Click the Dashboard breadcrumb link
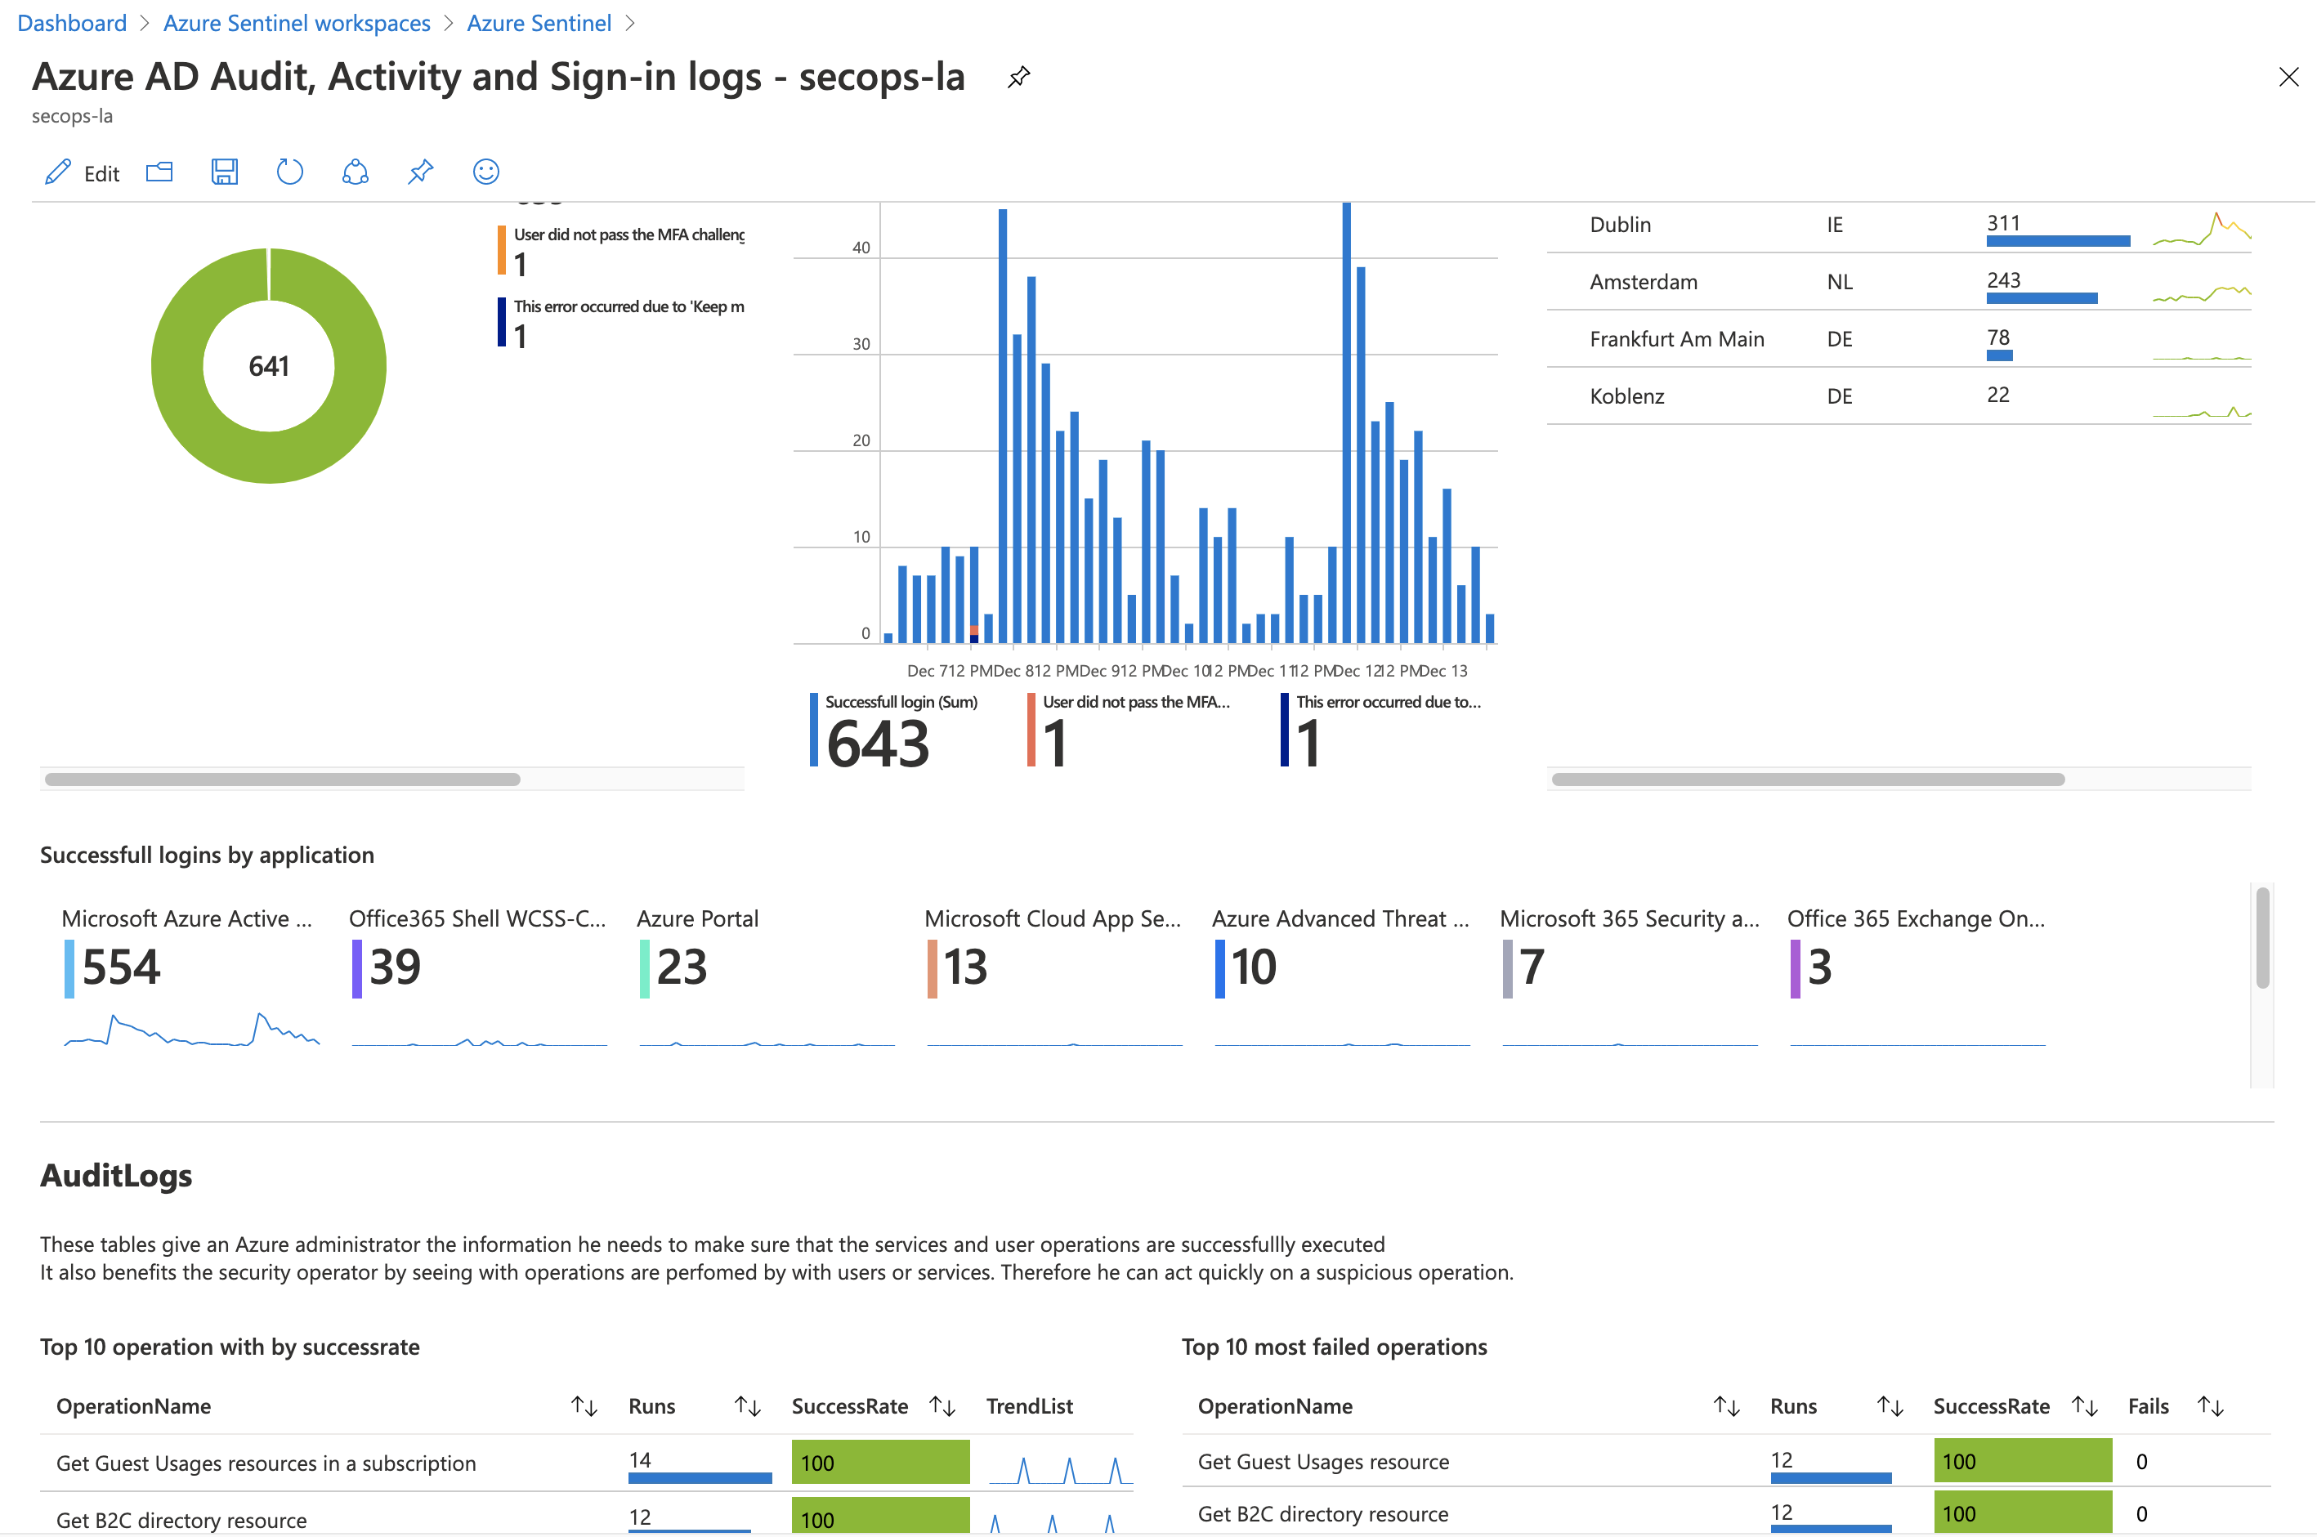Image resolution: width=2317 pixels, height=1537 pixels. click(x=72, y=23)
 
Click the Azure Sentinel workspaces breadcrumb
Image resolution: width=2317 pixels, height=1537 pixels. click(x=296, y=23)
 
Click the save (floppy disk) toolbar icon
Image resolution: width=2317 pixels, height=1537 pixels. click(x=225, y=172)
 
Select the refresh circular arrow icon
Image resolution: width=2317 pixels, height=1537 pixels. click(x=289, y=172)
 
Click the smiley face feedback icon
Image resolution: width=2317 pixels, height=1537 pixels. click(x=486, y=172)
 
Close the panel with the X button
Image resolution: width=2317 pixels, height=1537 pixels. click(x=2288, y=77)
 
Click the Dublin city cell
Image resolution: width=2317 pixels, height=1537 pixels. click(x=1619, y=225)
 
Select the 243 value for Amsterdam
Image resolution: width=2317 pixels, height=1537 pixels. click(x=2002, y=280)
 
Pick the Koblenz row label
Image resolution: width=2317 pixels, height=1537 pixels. click(x=1626, y=396)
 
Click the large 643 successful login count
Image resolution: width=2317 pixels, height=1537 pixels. click(x=877, y=744)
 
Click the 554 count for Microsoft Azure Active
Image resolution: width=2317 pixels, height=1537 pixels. click(x=121, y=967)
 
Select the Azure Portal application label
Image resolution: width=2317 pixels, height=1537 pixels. click(x=697, y=918)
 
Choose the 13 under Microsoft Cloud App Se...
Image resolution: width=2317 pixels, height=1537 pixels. click(x=965, y=967)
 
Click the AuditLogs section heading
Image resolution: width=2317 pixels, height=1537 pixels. click(x=116, y=1175)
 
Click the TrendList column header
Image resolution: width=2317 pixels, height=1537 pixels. click(x=1028, y=1405)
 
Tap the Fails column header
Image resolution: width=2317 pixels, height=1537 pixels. click(x=2148, y=1405)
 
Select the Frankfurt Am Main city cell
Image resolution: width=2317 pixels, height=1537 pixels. click(x=1676, y=339)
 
